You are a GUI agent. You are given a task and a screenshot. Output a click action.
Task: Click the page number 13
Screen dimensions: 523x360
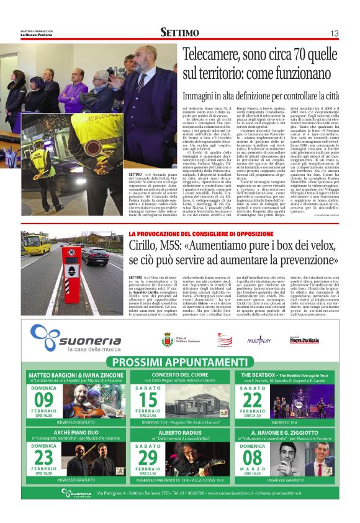click(x=334, y=33)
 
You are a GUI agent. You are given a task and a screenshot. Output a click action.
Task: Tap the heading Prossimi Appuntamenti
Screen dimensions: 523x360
click(x=180, y=363)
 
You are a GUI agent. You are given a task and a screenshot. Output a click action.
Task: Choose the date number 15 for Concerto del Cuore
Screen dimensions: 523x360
click(x=148, y=397)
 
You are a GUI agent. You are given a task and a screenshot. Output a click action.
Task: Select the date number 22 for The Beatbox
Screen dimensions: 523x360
click(x=253, y=397)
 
